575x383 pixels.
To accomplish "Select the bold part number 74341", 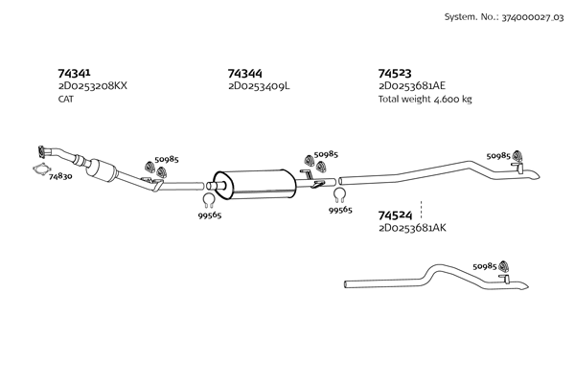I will tap(75, 73).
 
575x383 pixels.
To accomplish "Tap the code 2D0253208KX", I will tap(92, 86).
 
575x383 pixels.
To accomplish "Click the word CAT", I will tap(66, 99).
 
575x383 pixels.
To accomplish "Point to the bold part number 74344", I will tap(245, 73).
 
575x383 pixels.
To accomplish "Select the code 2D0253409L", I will tap(259, 86).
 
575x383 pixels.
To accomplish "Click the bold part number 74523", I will tap(395, 73).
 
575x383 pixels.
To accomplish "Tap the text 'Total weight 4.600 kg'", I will tap(425, 99).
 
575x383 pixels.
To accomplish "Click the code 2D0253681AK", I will tap(413, 228).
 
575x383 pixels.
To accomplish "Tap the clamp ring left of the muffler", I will tap(208, 199).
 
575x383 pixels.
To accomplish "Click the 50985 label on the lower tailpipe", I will tap(486, 266).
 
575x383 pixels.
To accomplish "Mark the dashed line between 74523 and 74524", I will tap(422, 204).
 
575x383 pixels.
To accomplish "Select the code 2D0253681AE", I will tap(412, 86).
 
